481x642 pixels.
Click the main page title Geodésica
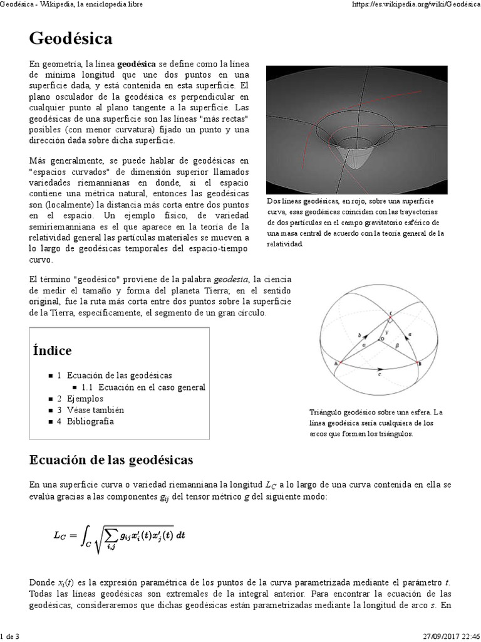coord(71,39)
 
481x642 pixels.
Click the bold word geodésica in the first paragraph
coord(137,63)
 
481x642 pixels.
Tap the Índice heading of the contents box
coord(53,350)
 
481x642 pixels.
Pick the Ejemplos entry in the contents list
coord(85,399)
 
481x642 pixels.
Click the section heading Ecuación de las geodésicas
coord(111,460)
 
